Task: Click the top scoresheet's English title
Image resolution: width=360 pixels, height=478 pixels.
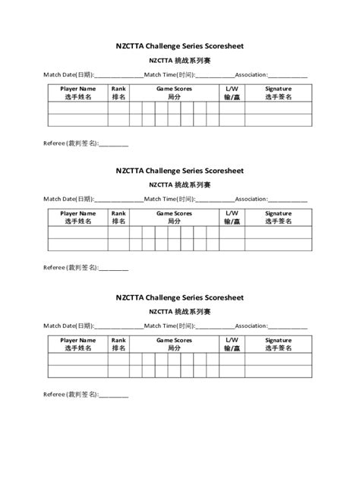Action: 179,46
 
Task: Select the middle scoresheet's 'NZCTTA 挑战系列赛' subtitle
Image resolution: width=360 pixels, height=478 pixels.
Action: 179,184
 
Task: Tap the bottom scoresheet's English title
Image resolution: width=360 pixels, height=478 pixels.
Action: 179,297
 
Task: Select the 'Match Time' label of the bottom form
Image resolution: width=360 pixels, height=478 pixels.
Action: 170,325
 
